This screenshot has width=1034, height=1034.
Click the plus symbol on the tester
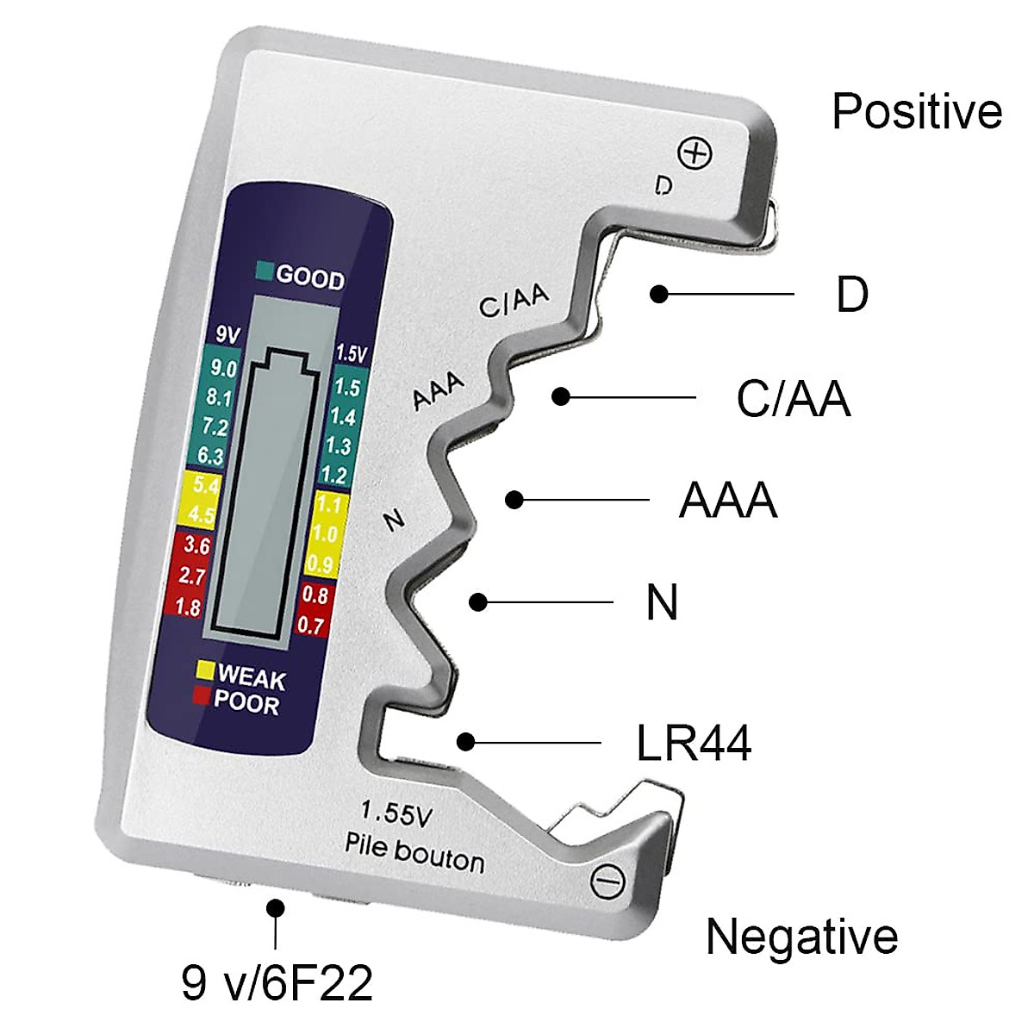(695, 154)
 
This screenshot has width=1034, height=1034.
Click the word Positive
(917, 111)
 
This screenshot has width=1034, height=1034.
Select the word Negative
(801, 937)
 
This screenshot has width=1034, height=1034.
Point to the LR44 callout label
(694, 743)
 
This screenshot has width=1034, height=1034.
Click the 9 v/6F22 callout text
(277, 983)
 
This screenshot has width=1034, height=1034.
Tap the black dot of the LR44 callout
(466, 742)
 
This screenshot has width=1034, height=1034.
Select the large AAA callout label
(728, 500)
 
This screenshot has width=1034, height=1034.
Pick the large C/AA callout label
(794, 398)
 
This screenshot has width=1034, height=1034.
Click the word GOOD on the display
(310, 278)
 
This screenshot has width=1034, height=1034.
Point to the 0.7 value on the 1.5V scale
(311, 625)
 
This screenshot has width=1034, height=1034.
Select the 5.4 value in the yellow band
(206, 485)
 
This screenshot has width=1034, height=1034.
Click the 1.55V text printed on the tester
(396, 814)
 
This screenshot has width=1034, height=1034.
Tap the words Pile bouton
(414, 853)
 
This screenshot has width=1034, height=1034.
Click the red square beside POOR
(202, 695)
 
